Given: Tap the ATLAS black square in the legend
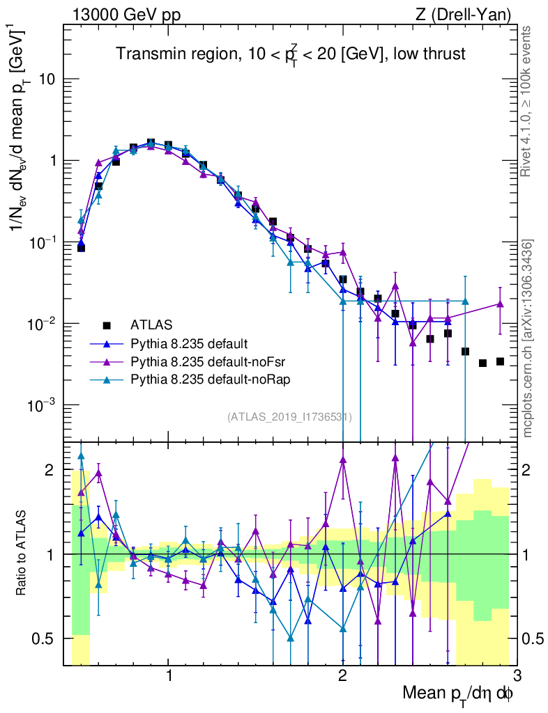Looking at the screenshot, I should [107, 324].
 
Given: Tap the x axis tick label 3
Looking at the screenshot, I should [516, 675].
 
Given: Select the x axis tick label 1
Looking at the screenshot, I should [169, 675].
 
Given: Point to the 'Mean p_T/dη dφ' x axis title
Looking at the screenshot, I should [458, 694].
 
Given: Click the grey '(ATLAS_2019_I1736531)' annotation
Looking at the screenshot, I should [289, 417].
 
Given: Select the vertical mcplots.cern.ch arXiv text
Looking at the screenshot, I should [528, 338].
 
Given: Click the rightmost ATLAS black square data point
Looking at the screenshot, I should [500, 361].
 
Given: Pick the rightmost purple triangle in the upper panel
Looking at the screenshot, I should [500, 304].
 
